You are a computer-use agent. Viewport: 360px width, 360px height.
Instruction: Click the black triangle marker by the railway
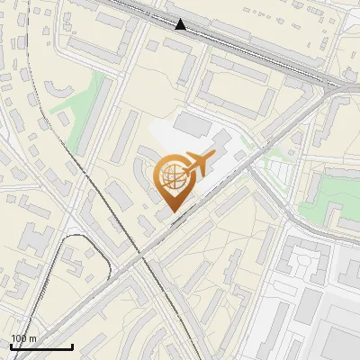pos(181,24)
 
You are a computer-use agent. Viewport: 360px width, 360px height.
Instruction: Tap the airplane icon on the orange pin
pos(199,165)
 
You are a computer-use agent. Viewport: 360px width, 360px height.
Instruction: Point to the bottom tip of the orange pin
pos(173,212)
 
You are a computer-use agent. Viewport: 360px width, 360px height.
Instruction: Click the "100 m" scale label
pos(23,338)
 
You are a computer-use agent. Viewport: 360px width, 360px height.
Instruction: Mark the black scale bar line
pos(41,346)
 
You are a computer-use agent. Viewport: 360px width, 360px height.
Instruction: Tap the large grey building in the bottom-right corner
pos(337,333)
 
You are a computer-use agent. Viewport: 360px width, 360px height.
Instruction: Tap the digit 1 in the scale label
pos(13,338)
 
